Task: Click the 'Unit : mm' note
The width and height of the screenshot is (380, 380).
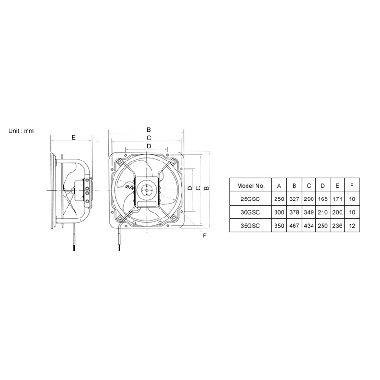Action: coord(21,131)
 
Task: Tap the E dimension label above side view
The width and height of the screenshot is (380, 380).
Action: coord(74,138)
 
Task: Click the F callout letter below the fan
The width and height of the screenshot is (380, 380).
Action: coord(205,236)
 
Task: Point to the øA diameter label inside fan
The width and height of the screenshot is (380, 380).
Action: coord(129,187)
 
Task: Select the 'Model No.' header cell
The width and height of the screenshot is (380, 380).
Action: coord(251,186)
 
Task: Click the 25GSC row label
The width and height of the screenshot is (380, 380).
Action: coord(250,199)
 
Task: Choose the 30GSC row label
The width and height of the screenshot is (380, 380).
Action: coord(250,212)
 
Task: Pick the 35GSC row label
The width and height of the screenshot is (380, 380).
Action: coord(250,226)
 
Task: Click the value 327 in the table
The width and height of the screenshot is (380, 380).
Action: coord(294,199)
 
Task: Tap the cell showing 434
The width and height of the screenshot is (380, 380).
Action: coord(309,226)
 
